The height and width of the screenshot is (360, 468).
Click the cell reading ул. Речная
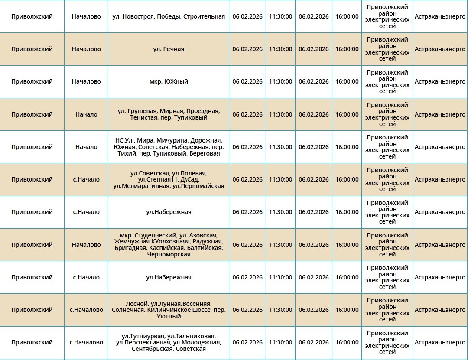tap(169, 49)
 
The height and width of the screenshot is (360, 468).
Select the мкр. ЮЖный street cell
tap(169, 81)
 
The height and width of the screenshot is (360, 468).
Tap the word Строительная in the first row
tap(204, 16)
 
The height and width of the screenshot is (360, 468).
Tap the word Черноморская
tap(169, 254)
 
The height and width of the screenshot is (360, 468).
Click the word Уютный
tap(169, 316)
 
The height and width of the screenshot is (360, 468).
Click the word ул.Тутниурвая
tap(143, 336)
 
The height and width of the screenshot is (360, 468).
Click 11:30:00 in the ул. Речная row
tap(280, 49)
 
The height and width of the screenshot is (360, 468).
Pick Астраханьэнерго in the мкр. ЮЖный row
tap(440, 81)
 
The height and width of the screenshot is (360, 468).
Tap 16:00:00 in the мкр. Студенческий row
tap(347, 245)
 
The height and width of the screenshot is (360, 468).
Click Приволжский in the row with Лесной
tap(32, 310)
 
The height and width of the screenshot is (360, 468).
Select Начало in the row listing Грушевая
tap(86, 114)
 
